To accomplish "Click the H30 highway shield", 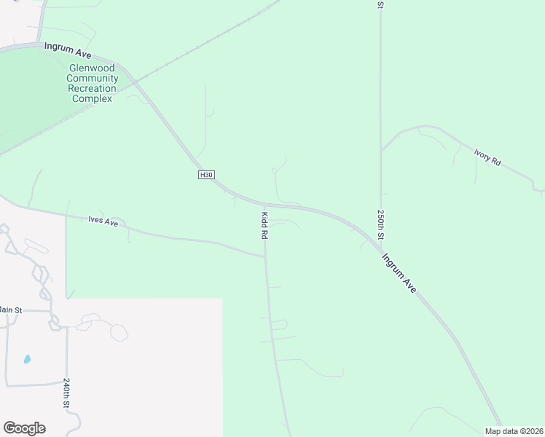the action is pyautogui.click(x=206, y=175).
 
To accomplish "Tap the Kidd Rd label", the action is pyautogui.click(x=265, y=227).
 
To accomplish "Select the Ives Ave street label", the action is pyautogui.click(x=103, y=220).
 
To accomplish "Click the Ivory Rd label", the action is pyautogui.click(x=487, y=158).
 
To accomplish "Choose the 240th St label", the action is pyautogui.click(x=66, y=393).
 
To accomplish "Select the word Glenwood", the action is pyautogui.click(x=93, y=68).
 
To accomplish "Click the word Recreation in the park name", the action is pyautogui.click(x=93, y=88).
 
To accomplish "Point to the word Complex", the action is pyautogui.click(x=93, y=98).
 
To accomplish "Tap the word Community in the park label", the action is pyautogui.click(x=93, y=78).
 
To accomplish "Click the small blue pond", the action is pyautogui.click(x=27, y=359).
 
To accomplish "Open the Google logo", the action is pyautogui.click(x=24, y=428).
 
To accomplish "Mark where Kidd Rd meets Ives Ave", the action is pyautogui.click(x=264, y=256).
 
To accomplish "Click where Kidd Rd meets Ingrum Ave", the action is pyautogui.click(x=263, y=205).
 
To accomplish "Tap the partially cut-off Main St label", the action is pyautogui.click(x=11, y=310).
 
